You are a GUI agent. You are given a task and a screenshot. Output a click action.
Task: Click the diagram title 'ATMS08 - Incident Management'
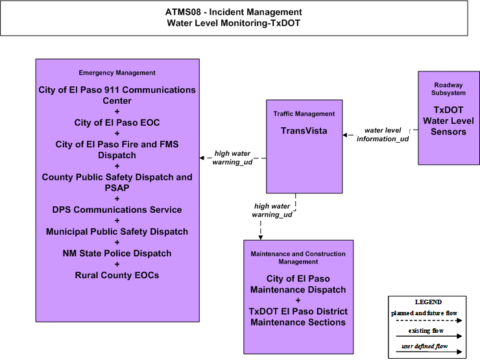(234, 12)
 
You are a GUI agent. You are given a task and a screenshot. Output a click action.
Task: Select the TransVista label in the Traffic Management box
(304, 131)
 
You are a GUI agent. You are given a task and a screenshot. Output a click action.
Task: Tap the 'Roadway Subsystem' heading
(448, 89)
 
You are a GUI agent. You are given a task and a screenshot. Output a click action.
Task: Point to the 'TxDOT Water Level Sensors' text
(448, 121)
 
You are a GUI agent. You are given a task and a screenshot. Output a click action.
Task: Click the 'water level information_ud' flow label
(383, 134)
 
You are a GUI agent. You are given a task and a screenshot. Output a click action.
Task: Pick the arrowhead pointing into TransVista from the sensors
(344, 135)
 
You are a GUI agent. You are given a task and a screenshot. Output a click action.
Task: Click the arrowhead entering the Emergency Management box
(202, 158)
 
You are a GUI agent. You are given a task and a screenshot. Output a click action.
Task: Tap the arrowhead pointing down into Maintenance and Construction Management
(261, 237)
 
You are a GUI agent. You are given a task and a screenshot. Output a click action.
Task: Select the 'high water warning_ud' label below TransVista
(272, 210)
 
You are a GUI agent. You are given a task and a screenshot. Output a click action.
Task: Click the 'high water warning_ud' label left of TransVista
(232, 158)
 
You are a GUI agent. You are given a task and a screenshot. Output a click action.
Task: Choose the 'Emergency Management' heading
(117, 73)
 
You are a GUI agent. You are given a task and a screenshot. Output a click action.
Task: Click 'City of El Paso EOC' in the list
(117, 123)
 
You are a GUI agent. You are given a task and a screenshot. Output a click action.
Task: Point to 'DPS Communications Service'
(117, 210)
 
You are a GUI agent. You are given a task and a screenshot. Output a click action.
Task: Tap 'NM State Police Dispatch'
(117, 253)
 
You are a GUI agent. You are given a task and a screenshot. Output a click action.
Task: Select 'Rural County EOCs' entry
(117, 275)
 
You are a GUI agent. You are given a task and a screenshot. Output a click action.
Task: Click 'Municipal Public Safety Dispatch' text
(117, 232)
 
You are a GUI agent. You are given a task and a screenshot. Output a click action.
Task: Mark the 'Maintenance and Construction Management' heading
(298, 258)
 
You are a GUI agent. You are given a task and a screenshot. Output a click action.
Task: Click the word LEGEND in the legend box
(428, 302)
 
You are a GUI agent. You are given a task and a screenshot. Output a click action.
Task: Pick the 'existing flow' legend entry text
(426, 331)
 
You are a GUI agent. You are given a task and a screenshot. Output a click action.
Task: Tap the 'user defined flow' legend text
(425, 346)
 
